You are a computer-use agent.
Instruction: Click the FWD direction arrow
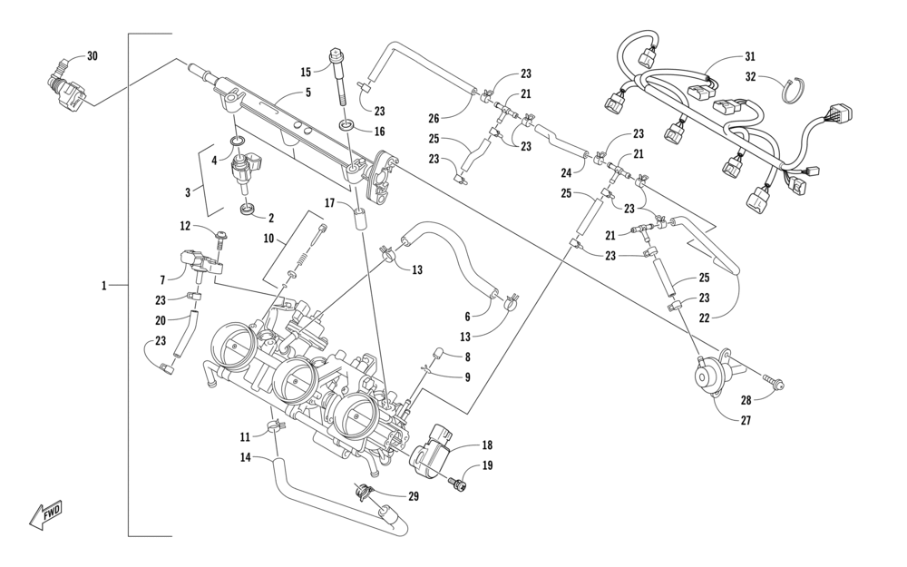click(45, 514)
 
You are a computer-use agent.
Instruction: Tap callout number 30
click(92, 56)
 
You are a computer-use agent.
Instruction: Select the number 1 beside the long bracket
click(104, 285)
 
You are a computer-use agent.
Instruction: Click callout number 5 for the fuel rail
click(308, 92)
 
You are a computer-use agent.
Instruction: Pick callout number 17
click(330, 203)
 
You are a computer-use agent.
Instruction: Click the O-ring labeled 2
click(247, 208)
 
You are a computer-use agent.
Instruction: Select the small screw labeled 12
click(222, 235)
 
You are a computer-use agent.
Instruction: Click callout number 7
click(163, 280)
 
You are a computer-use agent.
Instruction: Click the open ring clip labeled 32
click(795, 91)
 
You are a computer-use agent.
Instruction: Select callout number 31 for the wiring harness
click(749, 56)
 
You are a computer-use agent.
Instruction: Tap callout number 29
click(413, 496)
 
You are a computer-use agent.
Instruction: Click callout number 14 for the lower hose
click(246, 457)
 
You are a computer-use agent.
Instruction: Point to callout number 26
click(434, 119)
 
